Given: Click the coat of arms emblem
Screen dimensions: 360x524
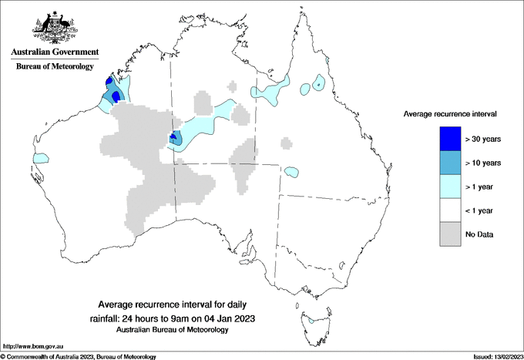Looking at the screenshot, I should coord(52,28).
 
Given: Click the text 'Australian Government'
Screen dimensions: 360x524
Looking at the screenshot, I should coord(52,53).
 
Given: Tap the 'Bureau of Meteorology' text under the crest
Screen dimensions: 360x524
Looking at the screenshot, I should coord(52,67).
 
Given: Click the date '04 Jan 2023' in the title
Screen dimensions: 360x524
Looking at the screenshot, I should coord(228,318).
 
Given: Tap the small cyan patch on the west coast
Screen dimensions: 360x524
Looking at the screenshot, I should coord(39,158).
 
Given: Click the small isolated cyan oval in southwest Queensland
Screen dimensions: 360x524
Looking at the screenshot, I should coord(291,172).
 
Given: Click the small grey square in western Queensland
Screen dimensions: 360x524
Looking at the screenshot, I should coord(286,143).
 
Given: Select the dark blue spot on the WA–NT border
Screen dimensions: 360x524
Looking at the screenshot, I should coord(173,137).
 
